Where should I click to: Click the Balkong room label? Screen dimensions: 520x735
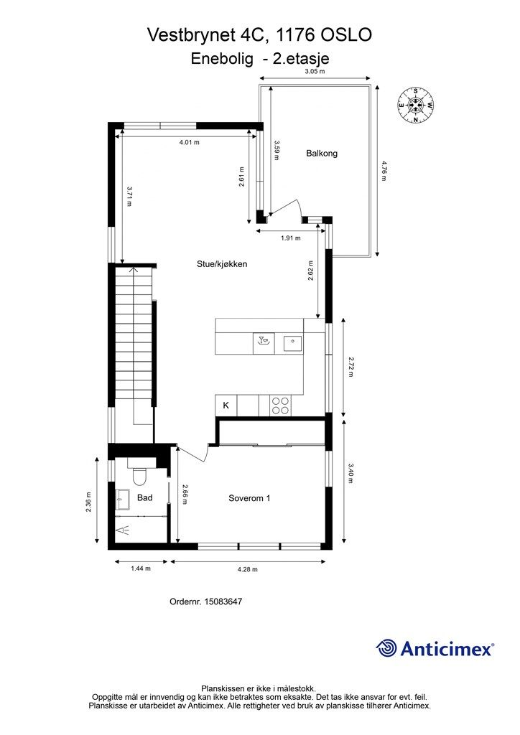point(322,154)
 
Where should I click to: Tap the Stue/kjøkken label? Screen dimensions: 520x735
point(222,264)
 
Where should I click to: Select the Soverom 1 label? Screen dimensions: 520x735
point(249,498)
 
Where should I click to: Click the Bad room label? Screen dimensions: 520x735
point(145,498)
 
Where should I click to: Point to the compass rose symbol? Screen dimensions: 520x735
point(415,105)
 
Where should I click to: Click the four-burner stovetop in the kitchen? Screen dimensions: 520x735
point(280,406)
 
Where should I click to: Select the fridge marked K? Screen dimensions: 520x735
point(226,406)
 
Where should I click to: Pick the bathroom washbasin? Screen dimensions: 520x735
point(124,500)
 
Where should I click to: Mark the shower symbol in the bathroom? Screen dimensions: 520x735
point(124,530)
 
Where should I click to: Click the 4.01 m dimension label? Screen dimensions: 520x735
point(190,142)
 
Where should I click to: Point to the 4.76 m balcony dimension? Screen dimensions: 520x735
point(384,171)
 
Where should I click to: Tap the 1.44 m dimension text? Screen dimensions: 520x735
point(141,568)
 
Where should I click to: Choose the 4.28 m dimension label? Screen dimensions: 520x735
point(248,569)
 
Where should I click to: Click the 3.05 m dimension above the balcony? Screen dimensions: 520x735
point(315,71)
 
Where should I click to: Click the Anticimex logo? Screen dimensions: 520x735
point(435,649)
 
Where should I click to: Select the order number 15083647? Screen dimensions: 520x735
point(223,601)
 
